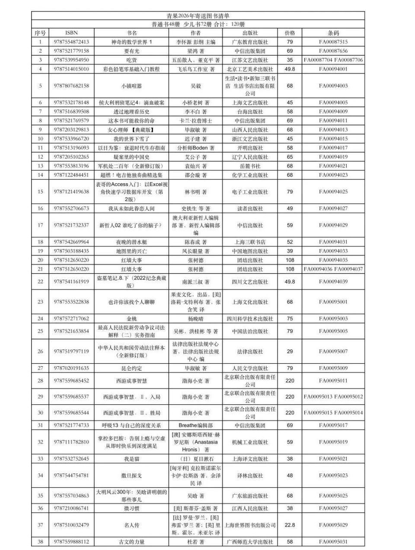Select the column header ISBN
[x=71, y=33]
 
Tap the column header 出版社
[x=250, y=33]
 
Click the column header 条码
[x=333, y=33]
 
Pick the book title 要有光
[x=132, y=51]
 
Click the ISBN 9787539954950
[x=71, y=60]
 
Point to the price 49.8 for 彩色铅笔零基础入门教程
[x=290, y=69]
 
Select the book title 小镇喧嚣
[x=132, y=86]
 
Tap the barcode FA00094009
[x=333, y=112]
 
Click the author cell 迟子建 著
[x=196, y=139]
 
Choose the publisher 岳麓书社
[x=250, y=166]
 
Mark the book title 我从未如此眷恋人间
[x=132, y=208]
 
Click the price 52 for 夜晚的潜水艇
[x=290, y=242]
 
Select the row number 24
[x=41, y=319]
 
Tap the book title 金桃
[x=132, y=319]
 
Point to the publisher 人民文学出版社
[x=250, y=368]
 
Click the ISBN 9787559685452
[x=71, y=381]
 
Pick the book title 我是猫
[x=132, y=459]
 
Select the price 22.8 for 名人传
[x=290, y=525]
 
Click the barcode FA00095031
[x=333, y=542]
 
